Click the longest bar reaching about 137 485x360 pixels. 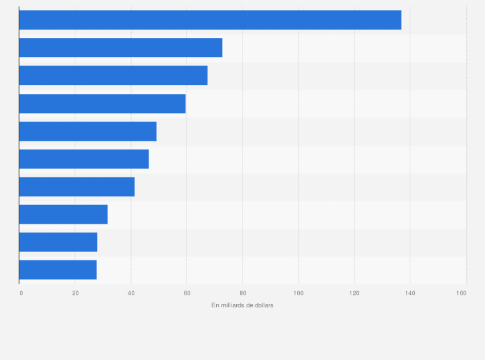tap(210, 20)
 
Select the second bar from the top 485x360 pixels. tap(120, 48)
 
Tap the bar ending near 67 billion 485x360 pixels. tap(113, 75)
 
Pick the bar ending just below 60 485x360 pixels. tap(102, 104)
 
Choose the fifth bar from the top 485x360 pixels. tap(87, 131)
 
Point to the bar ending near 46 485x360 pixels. tap(84, 159)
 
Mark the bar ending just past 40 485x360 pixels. tap(77, 186)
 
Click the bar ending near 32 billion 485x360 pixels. tap(63, 214)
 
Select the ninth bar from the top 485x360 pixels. tap(58, 242)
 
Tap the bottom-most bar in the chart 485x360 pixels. tap(58, 270)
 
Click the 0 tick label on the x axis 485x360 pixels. tap(21, 293)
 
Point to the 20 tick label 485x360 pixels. tap(75, 293)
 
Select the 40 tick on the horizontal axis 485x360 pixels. tap(131, 293)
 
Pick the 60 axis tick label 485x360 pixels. tap(187, 293)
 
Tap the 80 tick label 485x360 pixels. tap(243, 293)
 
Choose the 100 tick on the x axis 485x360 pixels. tap(298, 293)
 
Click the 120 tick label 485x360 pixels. tap(354, 293)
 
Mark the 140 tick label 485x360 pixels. tap(410, 293)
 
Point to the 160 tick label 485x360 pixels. tap(461, 293)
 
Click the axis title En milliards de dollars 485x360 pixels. tap(243, 305)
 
